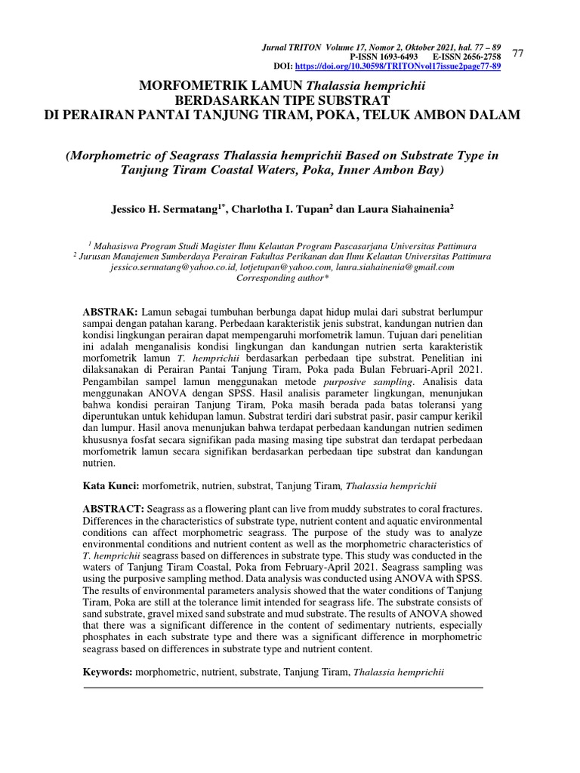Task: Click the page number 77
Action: pyautogui.click(x=518, y=53)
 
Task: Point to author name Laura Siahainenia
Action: pyautogui.click(x=403, y=207)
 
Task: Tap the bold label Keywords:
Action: pyautogui.click(x=107, y=670)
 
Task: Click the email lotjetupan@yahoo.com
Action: pyautogui.click(x=282, y=266)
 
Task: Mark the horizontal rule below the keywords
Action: pyautogui.click(x=282, y=688)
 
